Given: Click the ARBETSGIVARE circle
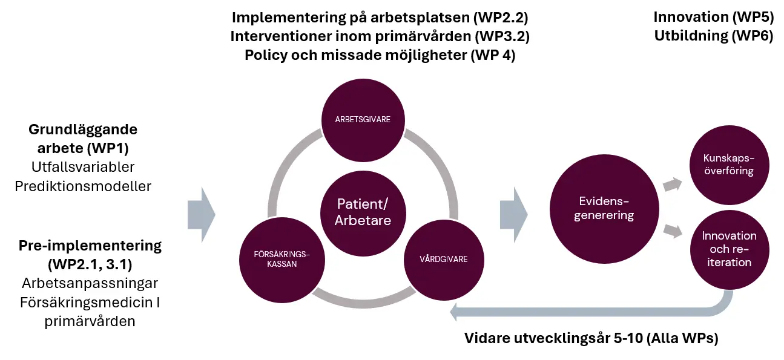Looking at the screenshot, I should pyautogui.click(x=363, y=120).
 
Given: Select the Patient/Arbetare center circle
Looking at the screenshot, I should pyautogui.click(x=363, y=211).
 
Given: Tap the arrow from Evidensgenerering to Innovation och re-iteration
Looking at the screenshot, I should pyautogui.click(x=671, y=231).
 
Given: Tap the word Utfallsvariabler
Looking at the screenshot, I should pyautogui.click(x=83, y=166).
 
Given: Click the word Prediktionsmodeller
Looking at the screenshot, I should pyautogui.click(x=83, y=186).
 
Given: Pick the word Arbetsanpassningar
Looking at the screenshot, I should pyautogui.click(x=90, y=283).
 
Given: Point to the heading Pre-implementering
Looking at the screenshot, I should pyautogui.click(x=90, y=246).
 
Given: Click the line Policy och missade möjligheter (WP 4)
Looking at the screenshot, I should pyautogui.click(x=380, y=55).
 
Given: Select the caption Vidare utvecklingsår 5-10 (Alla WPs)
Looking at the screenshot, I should pyautogui.click(x=591, y=338).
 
